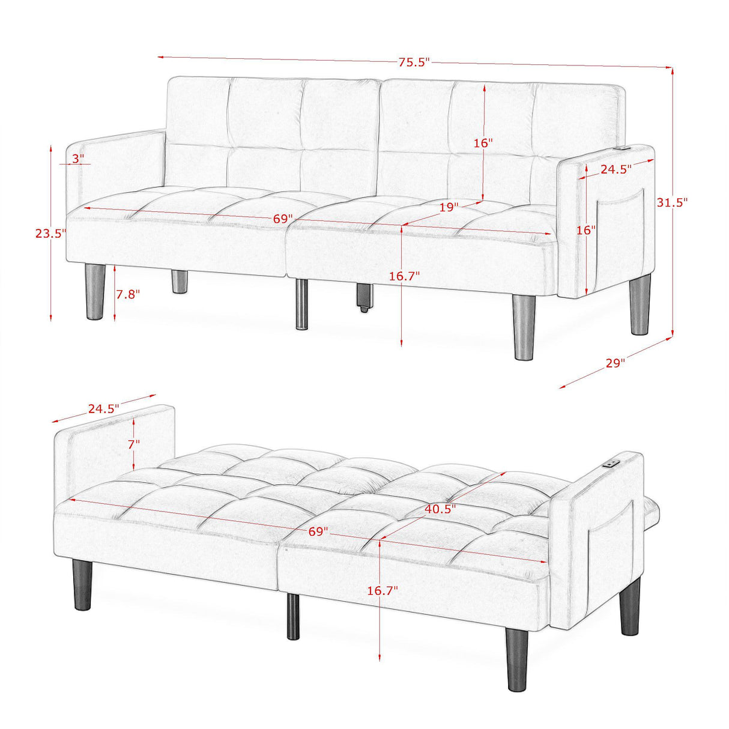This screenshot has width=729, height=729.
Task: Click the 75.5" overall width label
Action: tap(414, 62)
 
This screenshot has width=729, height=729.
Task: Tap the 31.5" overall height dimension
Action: tap(671, 202)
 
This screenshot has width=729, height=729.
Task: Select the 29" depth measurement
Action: tap(615, 363)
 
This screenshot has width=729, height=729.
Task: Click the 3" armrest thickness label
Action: tap(78, 159)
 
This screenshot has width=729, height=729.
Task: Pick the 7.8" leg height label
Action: tap(127, 294)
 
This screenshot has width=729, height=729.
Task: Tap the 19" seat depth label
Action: tap(448, 207)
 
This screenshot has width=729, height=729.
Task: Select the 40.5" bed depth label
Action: tap(440, 509)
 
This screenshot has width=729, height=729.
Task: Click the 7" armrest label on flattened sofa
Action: tap(133, 444)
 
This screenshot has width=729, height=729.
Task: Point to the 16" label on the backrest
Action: tap(483, 143)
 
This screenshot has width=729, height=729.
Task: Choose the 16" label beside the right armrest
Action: tap(585, 229)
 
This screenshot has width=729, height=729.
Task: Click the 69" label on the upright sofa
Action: tap(282, 219)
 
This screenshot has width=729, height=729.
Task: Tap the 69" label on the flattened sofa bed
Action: tap(318, 531)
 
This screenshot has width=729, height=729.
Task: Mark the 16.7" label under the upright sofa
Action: tap(404, 276)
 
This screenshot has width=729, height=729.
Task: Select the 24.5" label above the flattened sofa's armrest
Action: tap(103, 408)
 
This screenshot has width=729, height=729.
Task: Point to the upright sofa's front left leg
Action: tap(95, 292)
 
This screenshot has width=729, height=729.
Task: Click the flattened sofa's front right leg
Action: tap(516, 659)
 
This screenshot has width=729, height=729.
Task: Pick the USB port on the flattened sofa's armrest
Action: tap(613, 463)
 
